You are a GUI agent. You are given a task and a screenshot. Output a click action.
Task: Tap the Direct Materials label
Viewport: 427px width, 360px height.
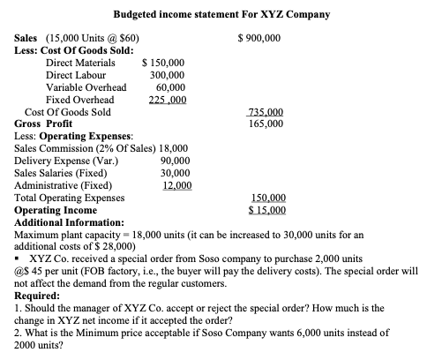[x=80, y=64]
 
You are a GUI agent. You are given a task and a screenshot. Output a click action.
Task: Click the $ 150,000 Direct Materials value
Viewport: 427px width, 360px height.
[x=164, y=64]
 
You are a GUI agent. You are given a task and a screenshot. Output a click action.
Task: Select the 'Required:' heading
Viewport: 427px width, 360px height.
[x=42, y=297]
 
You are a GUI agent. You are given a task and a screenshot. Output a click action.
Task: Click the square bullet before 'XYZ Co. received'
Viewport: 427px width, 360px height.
[x=19, y=259]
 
